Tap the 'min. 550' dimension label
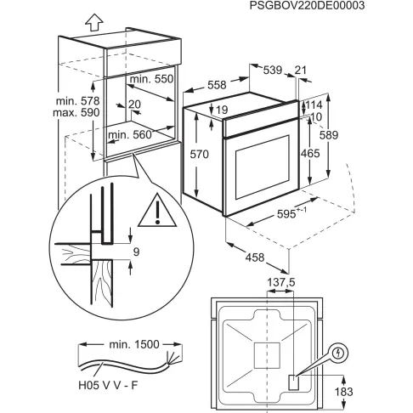(152, 78)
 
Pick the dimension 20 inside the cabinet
(134, 105)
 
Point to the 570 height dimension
(197, 155)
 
